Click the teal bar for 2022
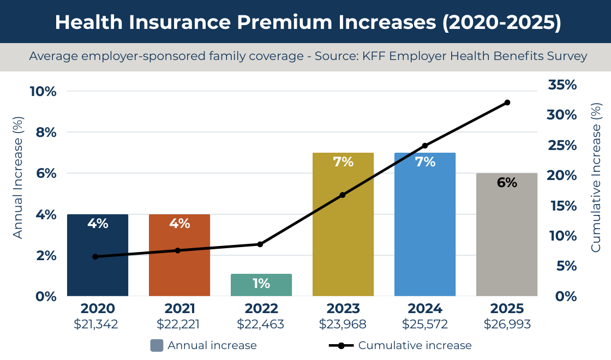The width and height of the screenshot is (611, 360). [261, 285]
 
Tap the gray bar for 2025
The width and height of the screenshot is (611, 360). [507, 240]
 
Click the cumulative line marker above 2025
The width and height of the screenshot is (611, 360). [507, 103]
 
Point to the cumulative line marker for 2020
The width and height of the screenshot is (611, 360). [95, 256]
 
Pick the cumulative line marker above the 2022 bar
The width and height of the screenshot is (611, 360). [260, 244]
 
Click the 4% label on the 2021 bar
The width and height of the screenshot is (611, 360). [179, 224]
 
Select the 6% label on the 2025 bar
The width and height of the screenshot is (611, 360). [507, 183]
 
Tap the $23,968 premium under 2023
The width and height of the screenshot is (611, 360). [343, 325]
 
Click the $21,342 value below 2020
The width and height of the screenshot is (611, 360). [96, 325]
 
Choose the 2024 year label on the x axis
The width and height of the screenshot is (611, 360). [425, 309]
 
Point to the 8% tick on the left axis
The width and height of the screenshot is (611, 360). [43, 132]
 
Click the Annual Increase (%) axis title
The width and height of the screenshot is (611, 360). [18, 177]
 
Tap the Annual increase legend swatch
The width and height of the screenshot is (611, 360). [157, 345]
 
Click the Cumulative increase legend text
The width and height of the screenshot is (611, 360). [415, 345]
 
